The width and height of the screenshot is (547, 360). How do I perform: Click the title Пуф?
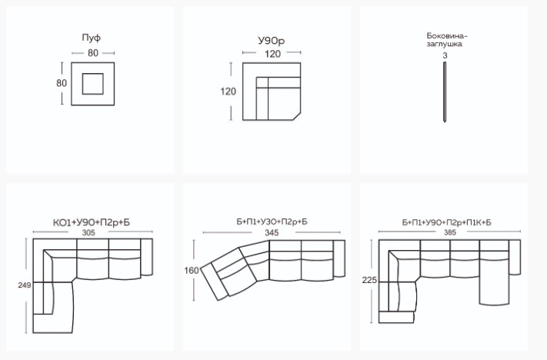coord(92,38)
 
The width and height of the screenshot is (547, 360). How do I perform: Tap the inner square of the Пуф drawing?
coord(93,84)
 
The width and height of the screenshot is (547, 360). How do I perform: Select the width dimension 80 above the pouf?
coord(93,53)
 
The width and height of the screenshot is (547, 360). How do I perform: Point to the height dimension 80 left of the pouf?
coord(62,83)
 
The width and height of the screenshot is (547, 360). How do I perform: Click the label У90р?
coord(272,42)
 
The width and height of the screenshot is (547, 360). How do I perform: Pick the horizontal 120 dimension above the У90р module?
coord(272,54)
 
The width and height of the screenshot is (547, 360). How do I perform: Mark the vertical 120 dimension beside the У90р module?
coord(228,92)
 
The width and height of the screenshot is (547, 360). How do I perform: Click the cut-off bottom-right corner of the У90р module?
coord(297,116)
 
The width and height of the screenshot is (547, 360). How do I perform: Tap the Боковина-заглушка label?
coord(447,40)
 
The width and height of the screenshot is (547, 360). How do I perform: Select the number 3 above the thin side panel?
coord(445,55)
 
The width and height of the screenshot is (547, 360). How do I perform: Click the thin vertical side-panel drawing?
coord(445,92)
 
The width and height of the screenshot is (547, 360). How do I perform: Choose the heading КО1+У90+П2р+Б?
coord(92,222)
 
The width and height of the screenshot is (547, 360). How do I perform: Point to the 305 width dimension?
coord(88,232)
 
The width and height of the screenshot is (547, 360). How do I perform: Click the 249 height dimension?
coord(25,285)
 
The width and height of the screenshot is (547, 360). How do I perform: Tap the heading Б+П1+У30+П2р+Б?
coord(272,222)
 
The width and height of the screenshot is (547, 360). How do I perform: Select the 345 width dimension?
coord(272,233)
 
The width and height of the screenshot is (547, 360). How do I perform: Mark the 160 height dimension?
coord(192,270)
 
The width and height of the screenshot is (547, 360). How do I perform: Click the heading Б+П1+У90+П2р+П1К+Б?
coord(446,222)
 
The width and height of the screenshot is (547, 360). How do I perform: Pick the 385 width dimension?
coord(450,232)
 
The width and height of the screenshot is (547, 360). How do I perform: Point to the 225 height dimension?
coord(370,280)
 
